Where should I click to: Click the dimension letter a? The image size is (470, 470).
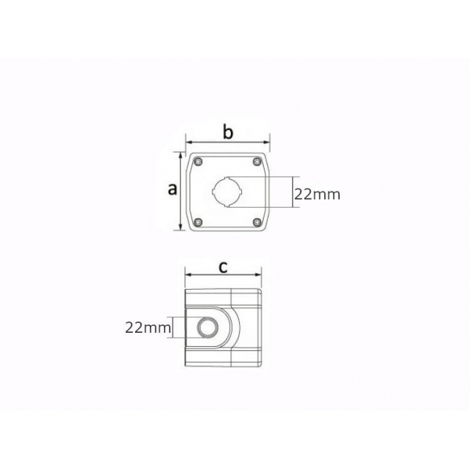[x=172, y=189]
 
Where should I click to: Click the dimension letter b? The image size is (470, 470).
[x=228, y=132]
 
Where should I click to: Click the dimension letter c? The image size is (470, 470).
[x=223, y=267]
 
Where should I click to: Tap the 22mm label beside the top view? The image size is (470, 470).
[x=317, y=194]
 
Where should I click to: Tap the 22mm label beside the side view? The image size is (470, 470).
[x=148, y=328]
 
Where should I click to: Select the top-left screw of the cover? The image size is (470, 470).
[x=198, y=162]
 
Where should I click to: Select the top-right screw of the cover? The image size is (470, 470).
[x=258, y=162]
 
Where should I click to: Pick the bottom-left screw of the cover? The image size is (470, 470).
[x=198, y=222]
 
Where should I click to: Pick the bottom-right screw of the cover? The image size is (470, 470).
[x=258, y=222]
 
